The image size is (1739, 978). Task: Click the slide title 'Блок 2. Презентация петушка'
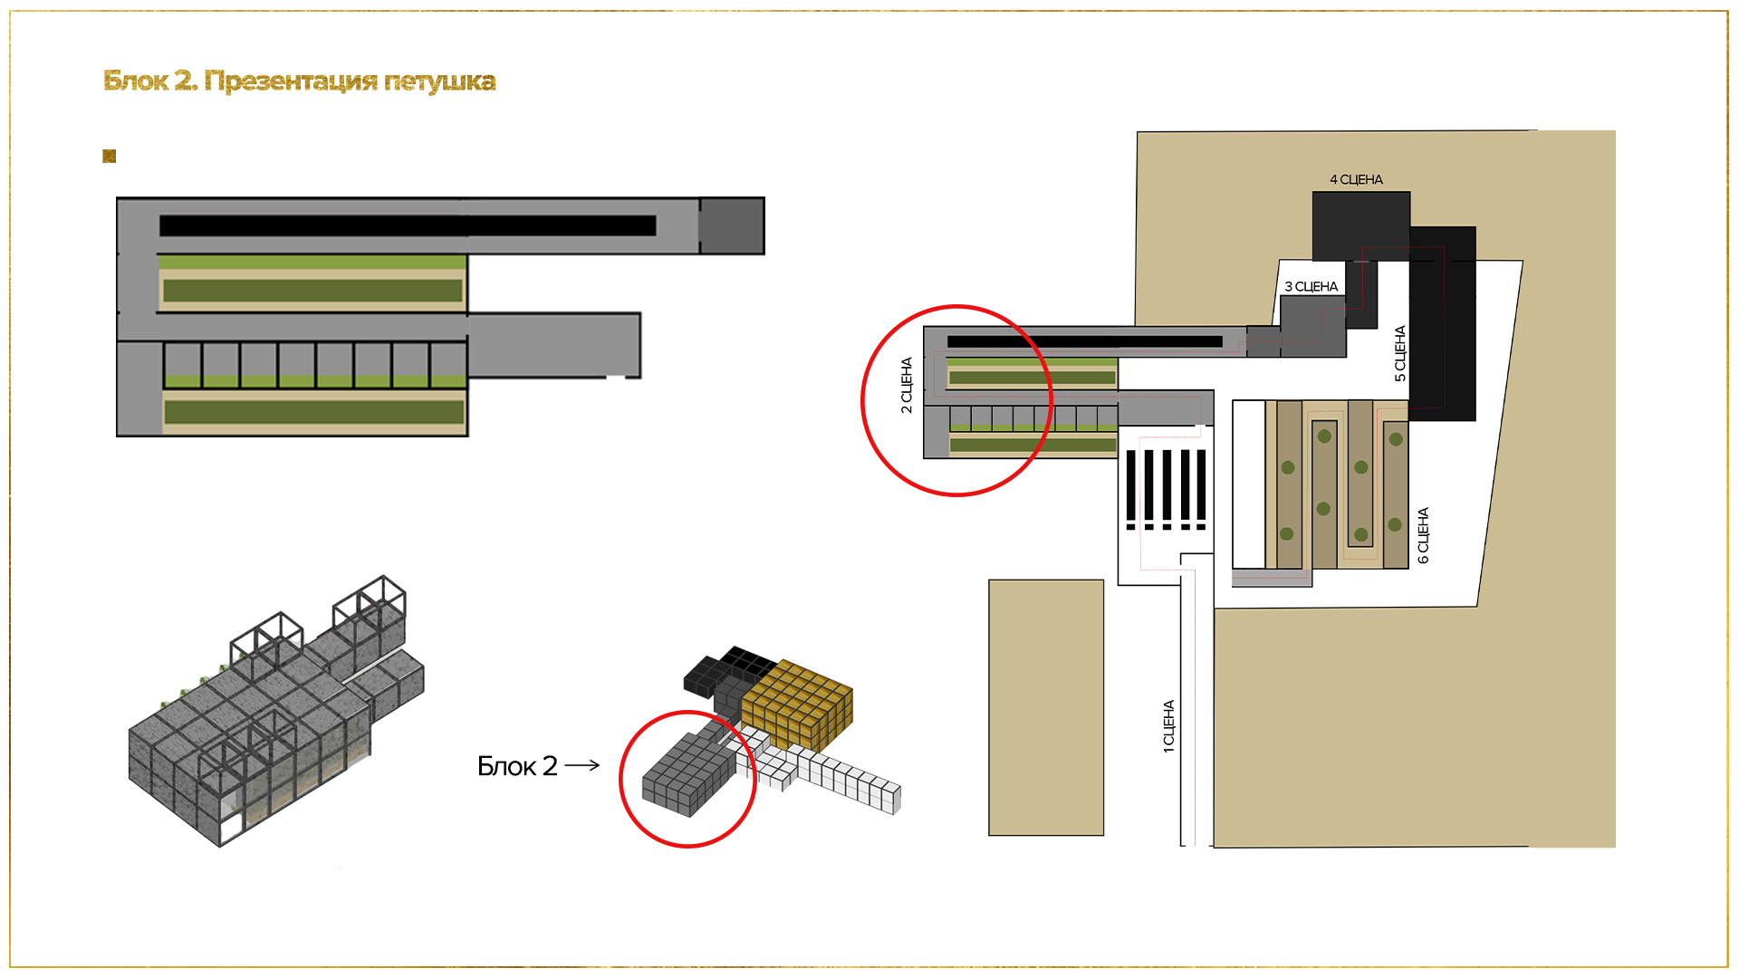(x=300, y=81)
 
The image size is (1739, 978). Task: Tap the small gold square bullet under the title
(x=110, y=157)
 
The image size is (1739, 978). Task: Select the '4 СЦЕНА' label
(x=1356, y=179)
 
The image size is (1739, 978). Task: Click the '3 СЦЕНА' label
(x=1311, y=286)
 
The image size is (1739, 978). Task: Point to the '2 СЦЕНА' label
(x=907, y=385)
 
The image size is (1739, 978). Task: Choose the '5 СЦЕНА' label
(x=1400, y=353)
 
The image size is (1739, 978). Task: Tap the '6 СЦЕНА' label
(x=1423, y=535)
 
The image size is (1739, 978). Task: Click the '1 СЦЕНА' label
(x=1168, y=725)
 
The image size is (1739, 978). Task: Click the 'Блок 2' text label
(x=517, y=766)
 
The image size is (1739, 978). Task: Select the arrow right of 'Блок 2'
(x=582, y=765)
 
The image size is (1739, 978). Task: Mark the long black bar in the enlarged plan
(x=408, y=225)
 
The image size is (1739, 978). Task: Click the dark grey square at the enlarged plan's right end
(x=731, y=226)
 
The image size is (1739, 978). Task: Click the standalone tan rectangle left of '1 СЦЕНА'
(x=1046, y=707)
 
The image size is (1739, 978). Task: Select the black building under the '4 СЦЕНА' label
(x=1361, y=225)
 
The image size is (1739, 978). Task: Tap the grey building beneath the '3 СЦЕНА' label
(x=1313, y=326)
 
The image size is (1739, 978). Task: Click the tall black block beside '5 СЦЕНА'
(x=1443, y=323)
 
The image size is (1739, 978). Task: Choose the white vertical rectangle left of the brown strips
(x=1248, y=484)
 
